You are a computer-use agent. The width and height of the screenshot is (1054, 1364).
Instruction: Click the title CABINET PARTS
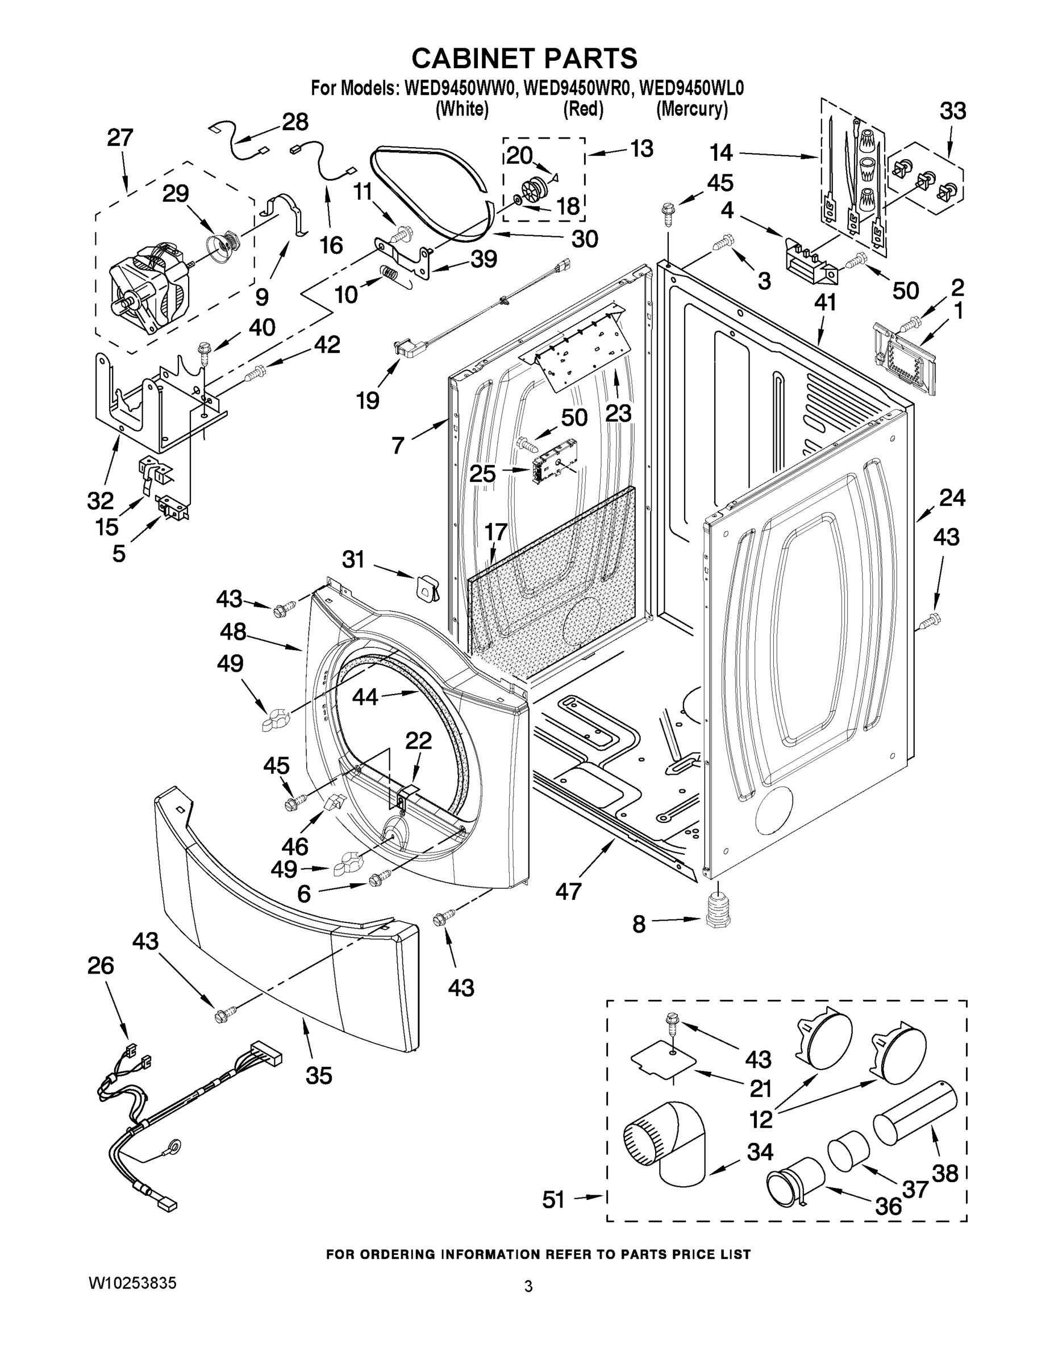[x=524, y=58]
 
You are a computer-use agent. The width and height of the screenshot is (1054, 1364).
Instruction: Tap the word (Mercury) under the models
[x=691, y=109]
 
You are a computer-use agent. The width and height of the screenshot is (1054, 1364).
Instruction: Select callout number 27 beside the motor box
[x=120, y=138]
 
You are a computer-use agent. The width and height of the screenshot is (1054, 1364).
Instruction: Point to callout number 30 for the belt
[x=585, y=239]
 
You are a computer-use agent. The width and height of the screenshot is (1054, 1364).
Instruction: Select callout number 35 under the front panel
[x=318, y=1075]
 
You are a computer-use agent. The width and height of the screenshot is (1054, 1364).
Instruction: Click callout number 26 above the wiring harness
[x=101, y=966]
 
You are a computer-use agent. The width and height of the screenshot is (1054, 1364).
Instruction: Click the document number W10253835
[x=132, y=1283]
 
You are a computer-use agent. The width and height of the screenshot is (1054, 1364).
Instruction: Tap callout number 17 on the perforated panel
[x=496, y=531]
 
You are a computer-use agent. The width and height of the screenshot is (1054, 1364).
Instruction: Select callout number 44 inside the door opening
[x=365, y=696]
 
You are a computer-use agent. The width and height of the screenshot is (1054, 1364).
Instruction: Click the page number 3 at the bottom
[x=528, y=1287]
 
